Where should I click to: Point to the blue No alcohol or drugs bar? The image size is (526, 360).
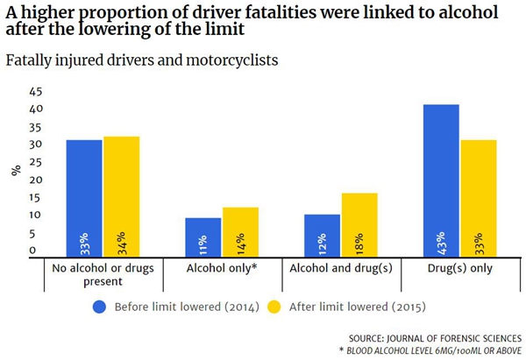point(84,198)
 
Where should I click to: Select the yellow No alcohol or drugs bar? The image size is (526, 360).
point(121,196)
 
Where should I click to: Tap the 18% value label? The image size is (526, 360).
point(359,243)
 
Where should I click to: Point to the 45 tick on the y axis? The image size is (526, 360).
point(36,91)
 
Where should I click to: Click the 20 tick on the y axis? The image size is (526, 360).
point(36,180)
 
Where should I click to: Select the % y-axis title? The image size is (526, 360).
point(15,170)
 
